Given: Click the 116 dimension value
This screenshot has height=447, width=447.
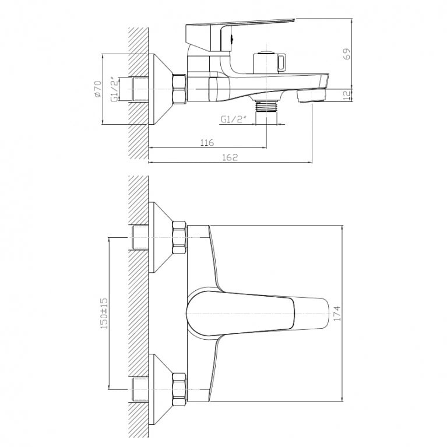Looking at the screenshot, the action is [207, 142].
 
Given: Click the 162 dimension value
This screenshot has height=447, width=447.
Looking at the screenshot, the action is [230, 157].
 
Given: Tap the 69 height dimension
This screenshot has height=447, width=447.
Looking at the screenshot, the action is [347, 54].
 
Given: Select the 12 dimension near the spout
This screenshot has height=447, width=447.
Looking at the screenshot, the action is [347, 95].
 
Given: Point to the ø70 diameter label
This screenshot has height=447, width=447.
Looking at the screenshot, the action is [98, 89].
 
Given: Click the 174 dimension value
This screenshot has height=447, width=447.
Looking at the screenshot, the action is [337, 314].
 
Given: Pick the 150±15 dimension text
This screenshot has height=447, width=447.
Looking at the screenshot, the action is [104, 314].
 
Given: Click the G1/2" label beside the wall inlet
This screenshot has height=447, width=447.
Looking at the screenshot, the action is [115, 89].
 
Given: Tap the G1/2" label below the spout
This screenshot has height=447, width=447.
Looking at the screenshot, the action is [234, 119].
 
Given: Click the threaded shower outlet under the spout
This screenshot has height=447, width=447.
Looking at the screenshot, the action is [266, 106].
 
